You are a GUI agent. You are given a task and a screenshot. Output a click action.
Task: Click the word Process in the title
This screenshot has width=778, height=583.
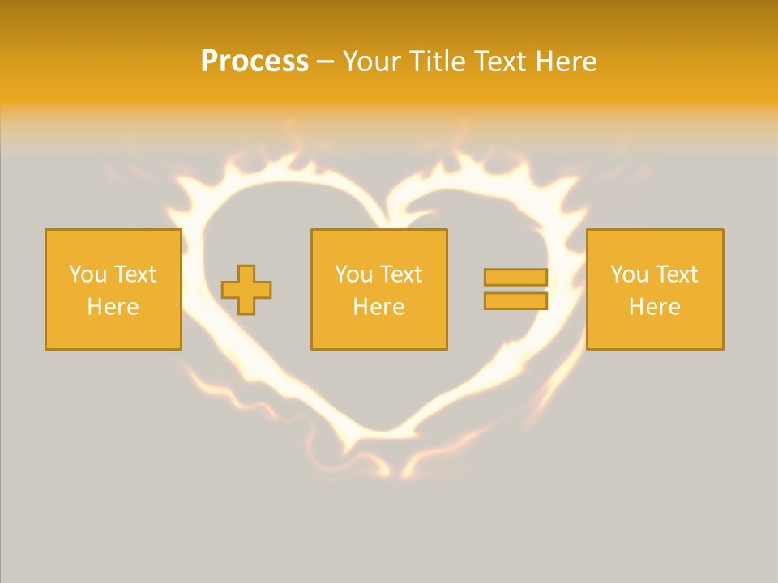pyautogui.click(x=254, y=62)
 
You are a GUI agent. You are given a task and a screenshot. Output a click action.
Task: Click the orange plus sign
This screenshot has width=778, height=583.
pyautogui.click(x=246, y=290)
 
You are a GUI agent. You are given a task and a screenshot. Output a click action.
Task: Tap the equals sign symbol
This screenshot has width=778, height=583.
pyautogui.click(x=515, y=289)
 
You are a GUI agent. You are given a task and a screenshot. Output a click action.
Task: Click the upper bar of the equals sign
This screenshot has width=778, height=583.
pyautogui.click(x=515, y=278)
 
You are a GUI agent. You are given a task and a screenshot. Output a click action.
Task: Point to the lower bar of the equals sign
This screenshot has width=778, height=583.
pyautogui.click(x=515, y=300)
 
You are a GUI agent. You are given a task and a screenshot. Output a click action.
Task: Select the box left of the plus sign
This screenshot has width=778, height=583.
pyautogui.click(x=113, y=289)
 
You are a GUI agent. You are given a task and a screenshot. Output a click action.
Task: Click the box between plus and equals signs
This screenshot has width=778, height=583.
pyautogui.click(x=378, y=289)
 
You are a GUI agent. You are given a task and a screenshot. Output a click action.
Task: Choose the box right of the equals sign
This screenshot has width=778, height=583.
pyautogui.click(x=655, y=289)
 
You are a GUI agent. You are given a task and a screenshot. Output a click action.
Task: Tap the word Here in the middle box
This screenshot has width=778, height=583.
pyautogui.click(x=378, y=307)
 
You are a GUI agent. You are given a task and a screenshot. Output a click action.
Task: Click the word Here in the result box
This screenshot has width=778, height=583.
pyautogui.click(x=655, y=307)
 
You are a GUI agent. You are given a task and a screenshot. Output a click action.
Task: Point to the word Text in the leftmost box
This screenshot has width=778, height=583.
pyautogui.click(x=135, y=274)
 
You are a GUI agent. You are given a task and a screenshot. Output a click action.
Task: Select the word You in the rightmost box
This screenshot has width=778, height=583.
pyautogui.click(x=630, y=274)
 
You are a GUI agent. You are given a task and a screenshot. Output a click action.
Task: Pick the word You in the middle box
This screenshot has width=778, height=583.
pyautogui.click(x=354, y=274)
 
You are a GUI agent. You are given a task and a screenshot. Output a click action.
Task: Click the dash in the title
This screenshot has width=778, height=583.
pyautogui.click(x=325, y=62)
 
